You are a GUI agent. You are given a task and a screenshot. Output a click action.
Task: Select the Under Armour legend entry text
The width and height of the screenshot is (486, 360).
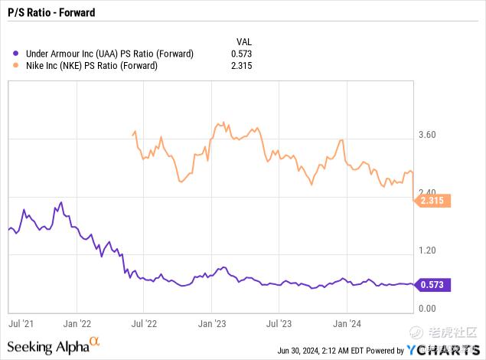(x=109, y=54)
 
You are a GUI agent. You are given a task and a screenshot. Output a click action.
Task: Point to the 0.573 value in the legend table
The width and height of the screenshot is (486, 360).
(x=242, y=54)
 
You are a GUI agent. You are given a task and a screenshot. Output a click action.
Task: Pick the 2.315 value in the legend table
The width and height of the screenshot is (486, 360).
(x=242, y=65)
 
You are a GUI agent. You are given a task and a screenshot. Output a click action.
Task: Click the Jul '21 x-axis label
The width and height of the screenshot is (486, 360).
(x=21, y=323)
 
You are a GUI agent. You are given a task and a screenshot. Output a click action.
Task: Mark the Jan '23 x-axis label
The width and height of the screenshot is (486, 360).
(x=211, y=323)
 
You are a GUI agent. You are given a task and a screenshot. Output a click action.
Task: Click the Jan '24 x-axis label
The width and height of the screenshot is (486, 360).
(x=348, y=323)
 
